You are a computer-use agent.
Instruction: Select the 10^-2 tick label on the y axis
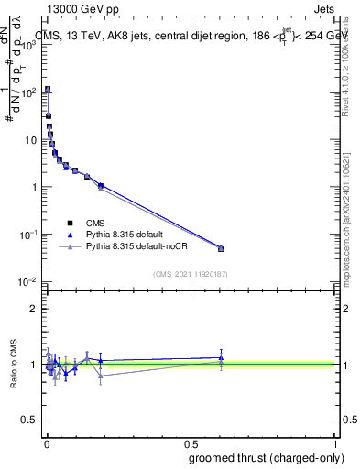(x=31, y=282)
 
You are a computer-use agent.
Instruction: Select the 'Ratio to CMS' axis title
(x=14, y=364)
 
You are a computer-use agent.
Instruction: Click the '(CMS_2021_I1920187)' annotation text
(x=191, y=273)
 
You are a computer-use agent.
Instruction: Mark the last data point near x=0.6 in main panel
(x=221, y=248)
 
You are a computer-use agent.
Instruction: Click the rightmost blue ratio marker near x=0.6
(x=221, y=358)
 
